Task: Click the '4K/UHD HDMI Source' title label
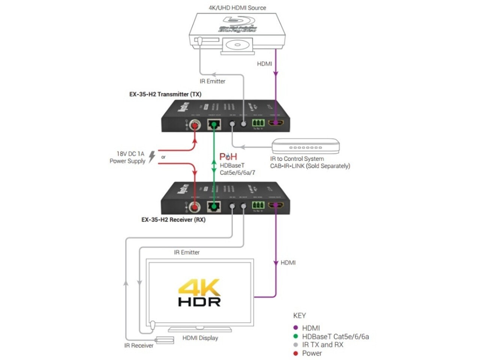[x=237, y=7]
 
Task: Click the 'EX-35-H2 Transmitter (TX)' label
[x=165, y=94]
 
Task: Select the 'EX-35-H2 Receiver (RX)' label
[x=173, y=220]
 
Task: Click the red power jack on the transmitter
[x=195, y=124]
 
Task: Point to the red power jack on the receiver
[x=195, y=206]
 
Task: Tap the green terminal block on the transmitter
[x=258, y=123]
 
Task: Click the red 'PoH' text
[x=228, y=156]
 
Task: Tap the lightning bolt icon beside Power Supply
[x=152, y=156]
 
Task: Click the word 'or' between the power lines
[x=163, y=157]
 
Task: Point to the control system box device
[x=306, y=146]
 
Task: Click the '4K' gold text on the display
[x=199, y=288]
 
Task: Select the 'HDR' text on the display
[x=199, y=301]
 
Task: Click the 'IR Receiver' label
[x=139, y=346]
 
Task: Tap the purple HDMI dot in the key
[x=295, y=328]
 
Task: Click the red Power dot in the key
[x=295, y=353]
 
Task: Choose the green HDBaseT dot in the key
[x=295, y=336]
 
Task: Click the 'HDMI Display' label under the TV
[x=200, y=338]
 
